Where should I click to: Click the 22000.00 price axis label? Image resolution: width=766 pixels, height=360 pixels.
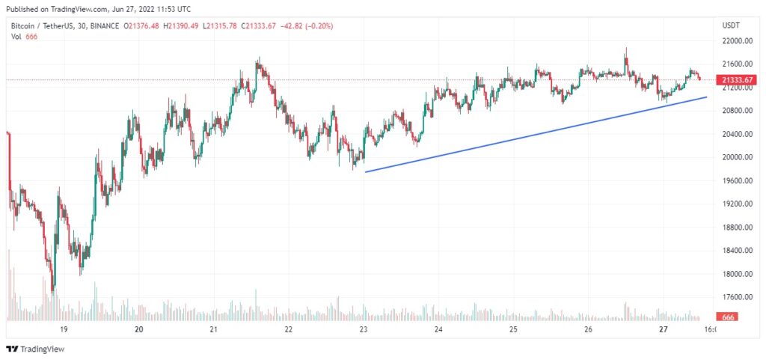pyautogui.click(x=736, y=40)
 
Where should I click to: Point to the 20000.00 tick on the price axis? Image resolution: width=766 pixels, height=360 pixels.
pyautogui.click(x=736, y=157)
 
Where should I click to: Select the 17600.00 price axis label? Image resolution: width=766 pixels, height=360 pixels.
pyautogui.click(x=736, y=297)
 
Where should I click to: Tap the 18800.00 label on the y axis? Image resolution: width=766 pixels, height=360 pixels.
pyautogui.click(x=736, y=227)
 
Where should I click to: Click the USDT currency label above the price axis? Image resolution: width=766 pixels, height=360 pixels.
pyautogui.click(x=731, y=25)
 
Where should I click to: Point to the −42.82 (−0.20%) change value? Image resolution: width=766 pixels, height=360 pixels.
pyautogui.click(x=306, y=26)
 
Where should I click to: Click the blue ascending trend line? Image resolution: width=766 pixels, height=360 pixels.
pyautogui.click(x=535, y=135)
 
